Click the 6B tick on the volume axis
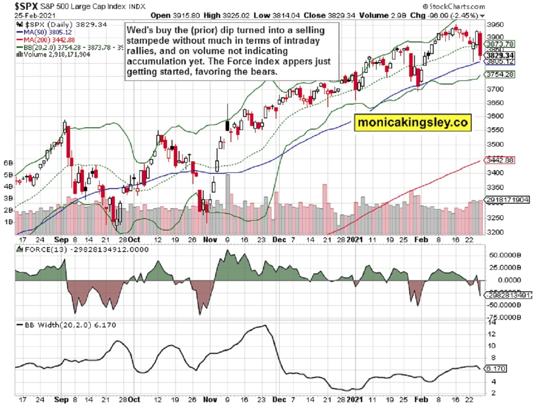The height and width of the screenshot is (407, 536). (8, 163)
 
